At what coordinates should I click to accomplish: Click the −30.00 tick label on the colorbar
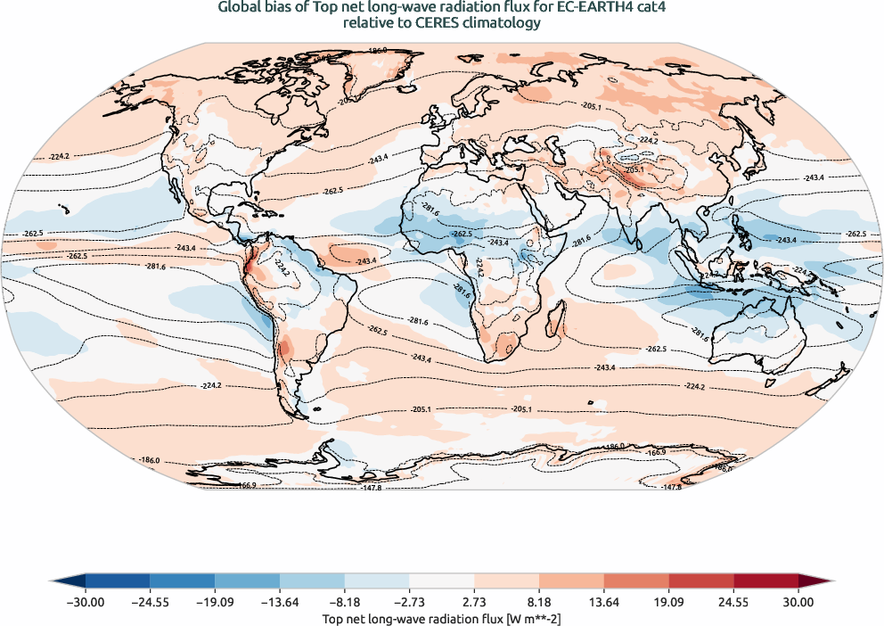pos(86,603)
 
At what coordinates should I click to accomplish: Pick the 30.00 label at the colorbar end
pos(798,603)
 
